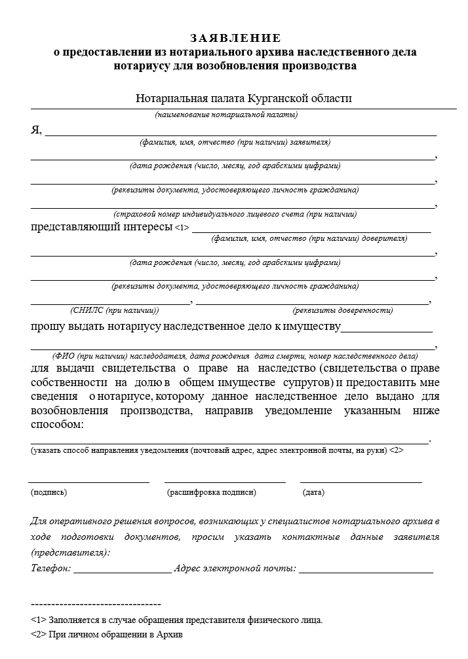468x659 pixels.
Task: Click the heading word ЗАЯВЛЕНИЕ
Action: (x=235, y=38)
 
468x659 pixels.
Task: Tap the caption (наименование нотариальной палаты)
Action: (x=227, y=115)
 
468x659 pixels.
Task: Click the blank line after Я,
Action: (x=240, y=134)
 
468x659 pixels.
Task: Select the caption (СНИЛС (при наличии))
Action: (x=115, y=310)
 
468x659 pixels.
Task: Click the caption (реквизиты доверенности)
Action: (x=343, y=310)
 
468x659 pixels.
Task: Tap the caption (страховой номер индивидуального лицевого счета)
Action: (x=235, y=214)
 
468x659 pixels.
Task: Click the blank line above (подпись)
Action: (x=89, y=482)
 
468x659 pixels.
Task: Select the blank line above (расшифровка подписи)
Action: (x=225, y=482)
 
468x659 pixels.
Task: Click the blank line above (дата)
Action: (x=361, y=482)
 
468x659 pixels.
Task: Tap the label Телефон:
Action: (x=51, y=569)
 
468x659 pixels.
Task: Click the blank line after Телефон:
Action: (x=122, y=571)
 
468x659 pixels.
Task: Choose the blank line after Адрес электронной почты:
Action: (x=365, y=571)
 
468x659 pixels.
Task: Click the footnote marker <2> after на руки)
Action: (x=396, y=451)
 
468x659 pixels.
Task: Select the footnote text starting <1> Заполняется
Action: (x=176, y=619)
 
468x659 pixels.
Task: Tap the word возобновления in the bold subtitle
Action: (x=236, y=65)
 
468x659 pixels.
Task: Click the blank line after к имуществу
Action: (x=386, y=331)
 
